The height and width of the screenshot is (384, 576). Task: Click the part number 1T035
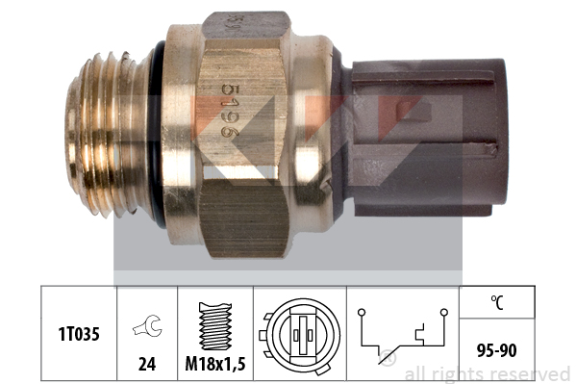point(79,334)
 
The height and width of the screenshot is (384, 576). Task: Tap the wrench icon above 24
point(148,325)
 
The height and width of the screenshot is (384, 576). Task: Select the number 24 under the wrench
point(147,364)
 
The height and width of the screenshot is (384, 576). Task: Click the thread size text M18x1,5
point(215,364)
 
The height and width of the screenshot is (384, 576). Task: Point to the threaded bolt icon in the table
point(215,326)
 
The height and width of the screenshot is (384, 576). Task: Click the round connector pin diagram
point(300,335)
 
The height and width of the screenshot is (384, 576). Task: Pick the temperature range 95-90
point(496,350)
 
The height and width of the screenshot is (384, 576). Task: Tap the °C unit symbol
point(497,302)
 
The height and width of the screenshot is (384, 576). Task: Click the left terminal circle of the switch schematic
point(362,312)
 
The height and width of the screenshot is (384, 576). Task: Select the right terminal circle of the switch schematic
point(444,312)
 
